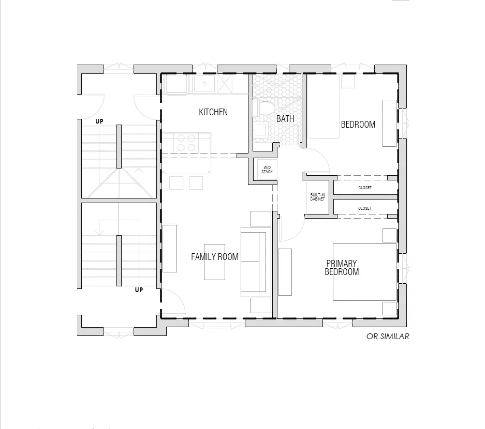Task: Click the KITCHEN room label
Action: tap(213, 112)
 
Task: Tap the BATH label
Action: tap(285, 118)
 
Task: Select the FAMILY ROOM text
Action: tap(215, 257)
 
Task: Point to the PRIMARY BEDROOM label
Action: tap(342, 267)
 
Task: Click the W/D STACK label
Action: tap(267, 170)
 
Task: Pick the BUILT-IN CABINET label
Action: tap(317, 197)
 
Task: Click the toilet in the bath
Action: tap(265, 108)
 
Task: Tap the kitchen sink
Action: tap(204, 83)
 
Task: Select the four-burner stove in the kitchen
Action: tap(186, 143)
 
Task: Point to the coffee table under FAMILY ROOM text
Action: tap(214, 262)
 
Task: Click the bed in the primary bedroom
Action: tap(365, 272)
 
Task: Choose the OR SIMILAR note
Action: tap(388, 336)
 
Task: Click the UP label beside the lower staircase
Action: tap(139, 290)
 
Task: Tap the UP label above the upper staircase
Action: tap(99, 121)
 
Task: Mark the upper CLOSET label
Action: tap(365, 188)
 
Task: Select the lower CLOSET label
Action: tap(365, 208)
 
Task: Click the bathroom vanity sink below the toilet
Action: tap(260, 130)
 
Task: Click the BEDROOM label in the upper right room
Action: tap(358, 125)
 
